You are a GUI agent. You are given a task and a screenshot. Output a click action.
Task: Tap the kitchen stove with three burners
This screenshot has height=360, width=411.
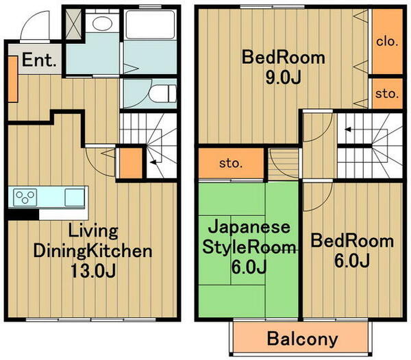(25, 197)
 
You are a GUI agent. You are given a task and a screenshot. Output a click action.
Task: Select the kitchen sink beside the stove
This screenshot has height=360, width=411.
(73, 197)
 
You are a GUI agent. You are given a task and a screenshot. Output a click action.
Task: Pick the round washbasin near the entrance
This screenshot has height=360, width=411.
(102, 24)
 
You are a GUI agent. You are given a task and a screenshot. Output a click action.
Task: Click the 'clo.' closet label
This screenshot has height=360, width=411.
(386, 41)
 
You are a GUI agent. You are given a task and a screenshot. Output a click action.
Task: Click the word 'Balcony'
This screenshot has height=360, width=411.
(302, 338)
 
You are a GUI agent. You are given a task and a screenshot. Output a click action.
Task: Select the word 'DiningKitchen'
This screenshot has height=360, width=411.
(93, 250)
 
